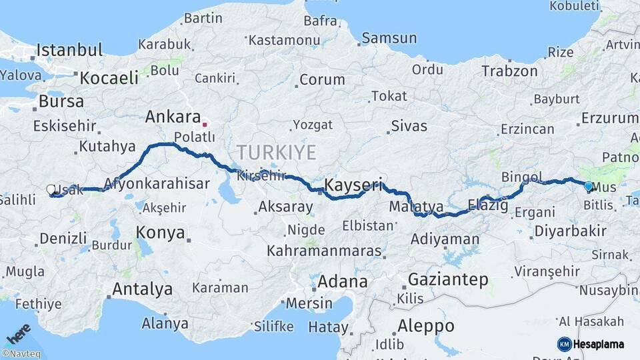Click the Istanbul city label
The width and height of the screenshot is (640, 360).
click(69, 50)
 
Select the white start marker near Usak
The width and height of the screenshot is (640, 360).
click(51, 190)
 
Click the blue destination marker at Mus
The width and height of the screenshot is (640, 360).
click(588, 187)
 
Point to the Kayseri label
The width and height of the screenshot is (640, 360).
click(353, 185)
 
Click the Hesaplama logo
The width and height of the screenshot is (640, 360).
click(591, 344)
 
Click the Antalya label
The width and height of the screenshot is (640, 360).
click(142, 289)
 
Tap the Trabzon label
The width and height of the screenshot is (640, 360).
click(509, 71)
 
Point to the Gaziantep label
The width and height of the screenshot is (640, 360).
click(447, 279)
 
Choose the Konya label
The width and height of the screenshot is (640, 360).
click(160, 232)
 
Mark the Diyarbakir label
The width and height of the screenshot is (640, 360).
click(569, 231)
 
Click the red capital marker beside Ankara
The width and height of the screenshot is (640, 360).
click(205, 124)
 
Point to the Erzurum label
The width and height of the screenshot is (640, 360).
click(609, 118)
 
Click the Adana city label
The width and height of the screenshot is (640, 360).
click(342, 281)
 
